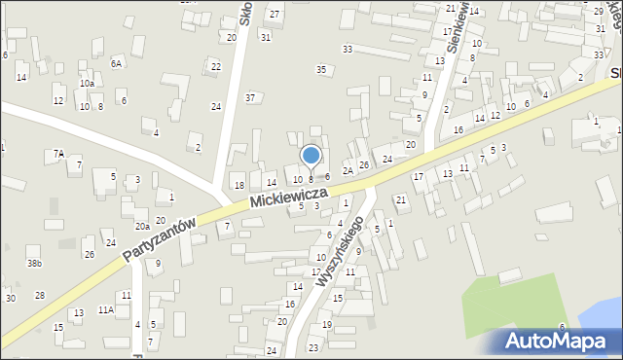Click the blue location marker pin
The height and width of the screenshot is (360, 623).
coord(311,156)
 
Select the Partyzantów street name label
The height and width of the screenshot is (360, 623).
coord(160,239)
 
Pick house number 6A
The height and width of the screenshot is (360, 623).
coord(116,63)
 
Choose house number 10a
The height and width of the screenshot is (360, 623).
coord(87,84)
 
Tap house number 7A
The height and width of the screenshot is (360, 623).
coord(58,153)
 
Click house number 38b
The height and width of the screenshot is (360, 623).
coord(34,264)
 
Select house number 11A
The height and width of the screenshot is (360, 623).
coord(105,309)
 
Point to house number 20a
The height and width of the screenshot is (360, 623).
coord(142,226)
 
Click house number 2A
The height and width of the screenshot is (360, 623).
coord(347,171)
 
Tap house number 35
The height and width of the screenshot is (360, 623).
coord(321,69)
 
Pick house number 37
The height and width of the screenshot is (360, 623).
coord(250,97)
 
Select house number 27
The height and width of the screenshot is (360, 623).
coord(275,14)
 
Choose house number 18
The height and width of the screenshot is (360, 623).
coord(238,186)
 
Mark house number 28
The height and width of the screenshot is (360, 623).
coord(40,295)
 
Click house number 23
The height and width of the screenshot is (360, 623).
coord(313,347)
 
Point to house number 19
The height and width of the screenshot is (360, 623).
coord(327,325)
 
